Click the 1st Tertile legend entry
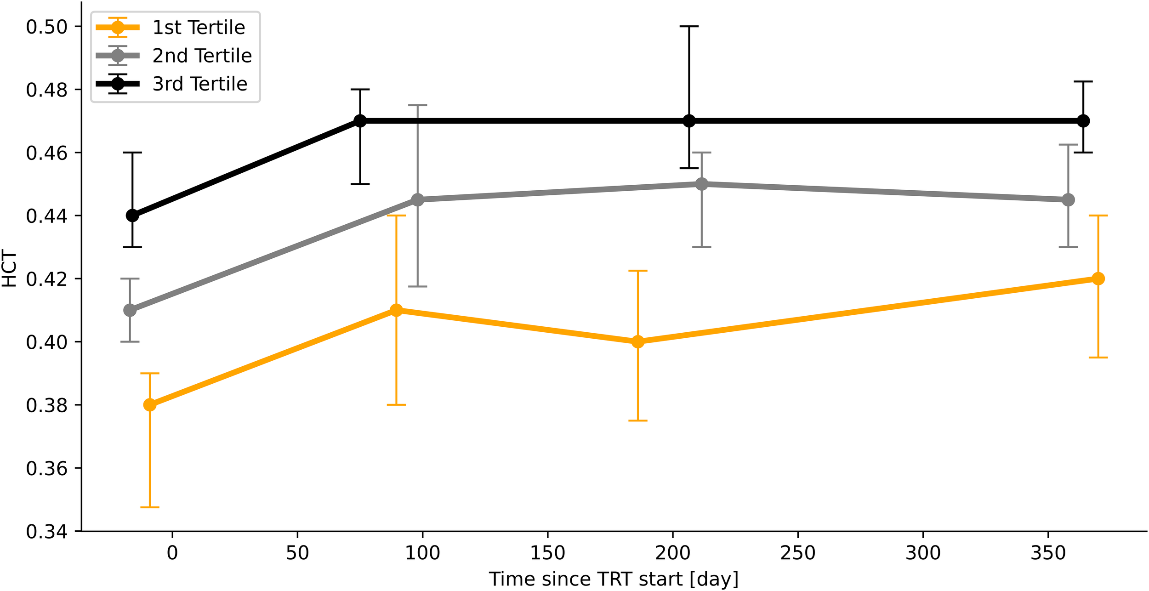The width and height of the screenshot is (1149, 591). pos(199,28)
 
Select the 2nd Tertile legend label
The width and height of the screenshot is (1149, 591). pos(202,56)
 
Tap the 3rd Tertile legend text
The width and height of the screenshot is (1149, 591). pos(200,84)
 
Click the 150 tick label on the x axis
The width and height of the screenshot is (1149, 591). pos(547,553)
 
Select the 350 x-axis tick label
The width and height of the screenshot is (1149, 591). pos(1048,553)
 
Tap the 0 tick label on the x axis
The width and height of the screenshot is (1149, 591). pos(172,553)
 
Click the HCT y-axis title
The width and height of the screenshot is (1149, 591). pos(9,268)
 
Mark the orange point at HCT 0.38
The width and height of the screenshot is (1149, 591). pos(150,405)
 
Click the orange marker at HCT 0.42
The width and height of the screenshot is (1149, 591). pos(1098,278)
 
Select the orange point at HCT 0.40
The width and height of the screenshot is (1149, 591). pos(637,341)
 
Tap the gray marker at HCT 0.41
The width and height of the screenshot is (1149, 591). pos(130,310)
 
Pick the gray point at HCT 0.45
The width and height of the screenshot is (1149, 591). pos(701,184)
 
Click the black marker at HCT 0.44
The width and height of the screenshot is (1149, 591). pos(132,216)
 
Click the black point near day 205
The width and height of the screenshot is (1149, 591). pos(689,121)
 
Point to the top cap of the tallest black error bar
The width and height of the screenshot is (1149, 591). pos(689,26)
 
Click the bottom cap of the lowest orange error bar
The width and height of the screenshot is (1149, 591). pos(150,507)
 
